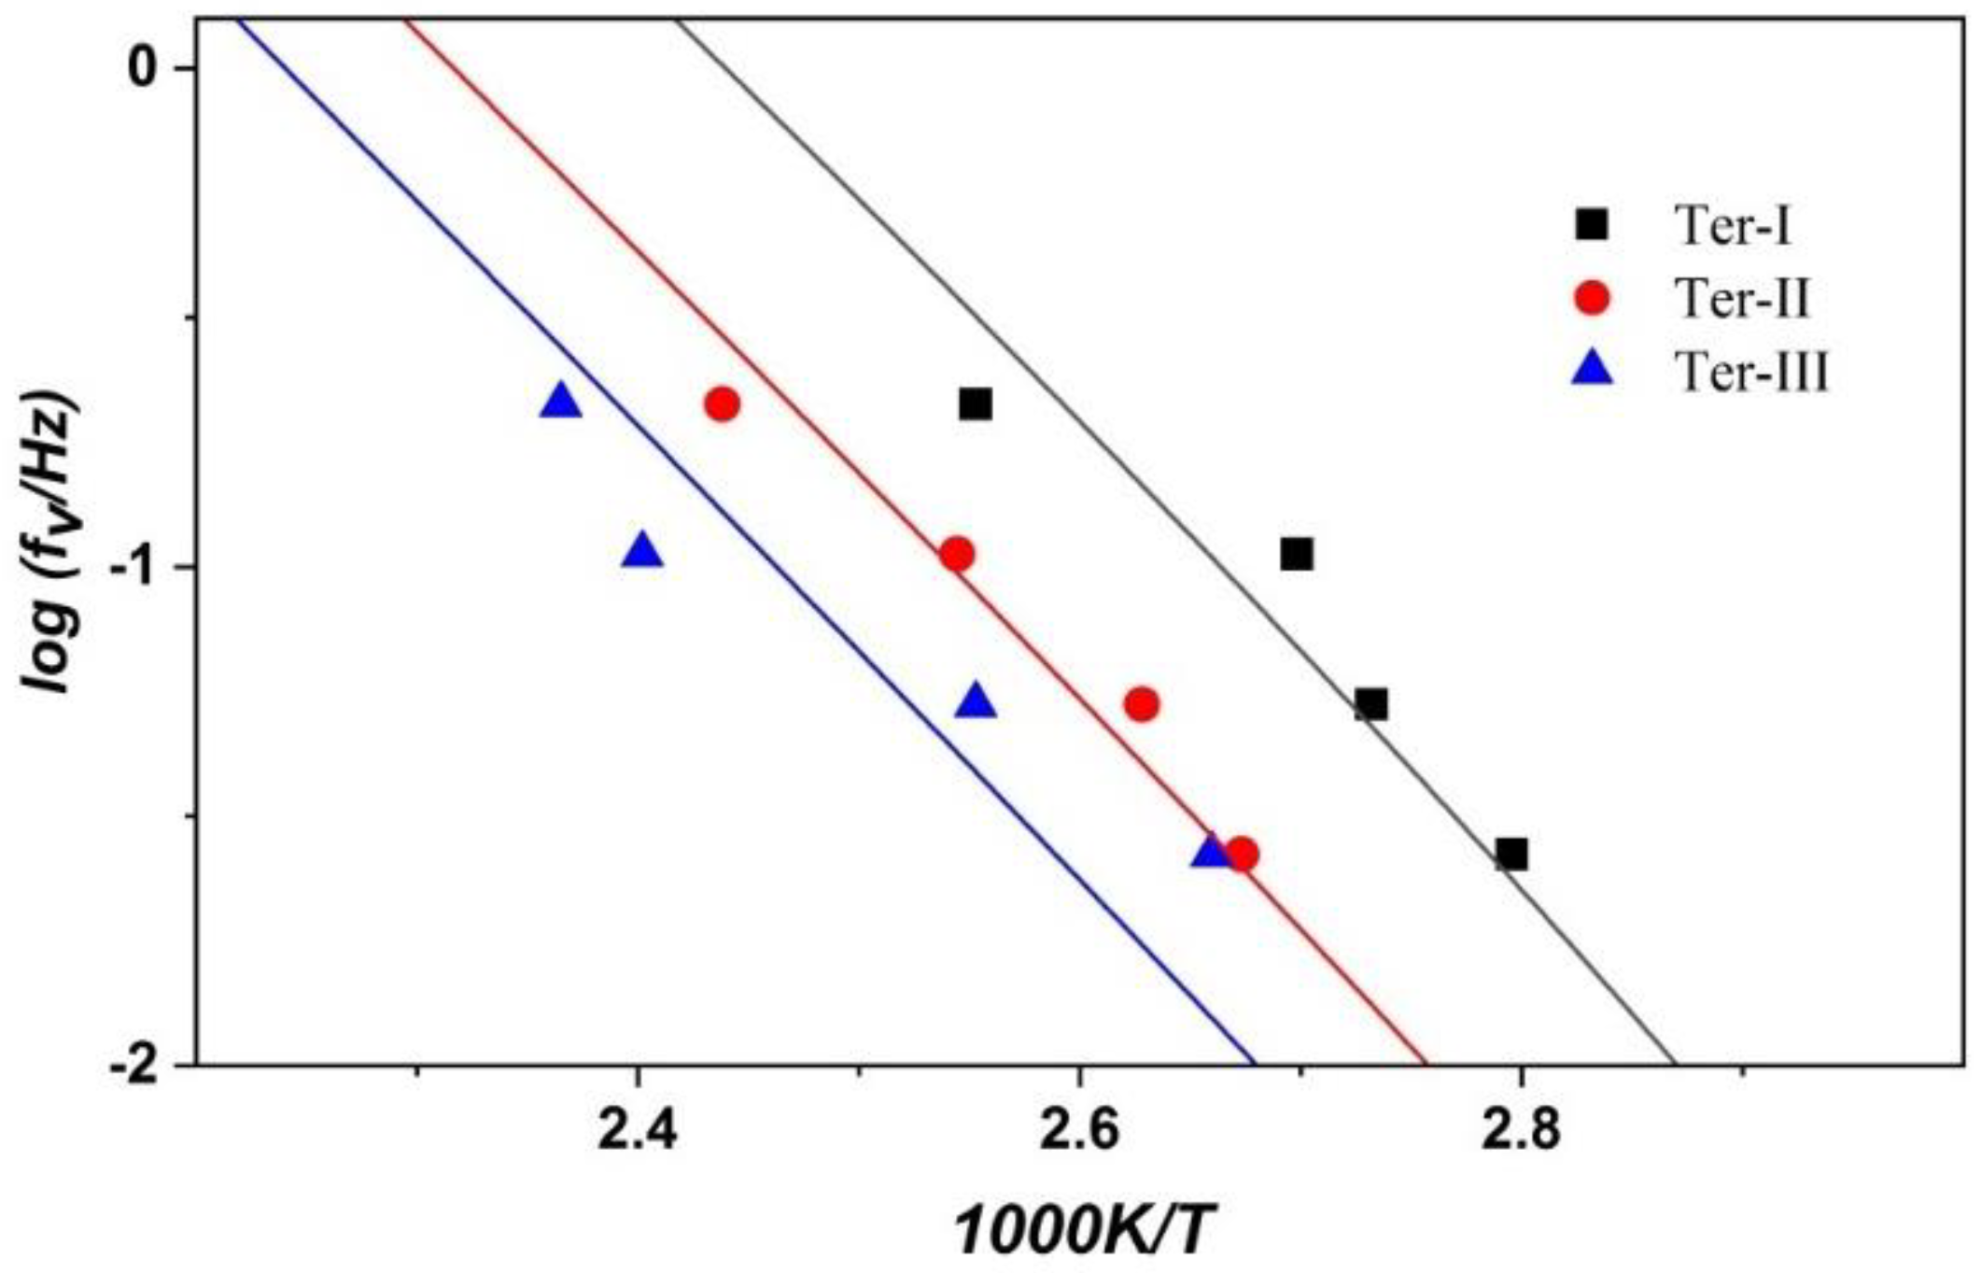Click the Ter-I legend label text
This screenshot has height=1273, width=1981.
tap(1734, 226)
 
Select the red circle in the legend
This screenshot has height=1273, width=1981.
tap(1593, 299)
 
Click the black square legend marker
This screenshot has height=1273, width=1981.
tap(1593, 225)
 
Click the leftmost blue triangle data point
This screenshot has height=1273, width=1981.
tap(561, 402)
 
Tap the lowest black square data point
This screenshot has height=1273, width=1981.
tap(1511, 854)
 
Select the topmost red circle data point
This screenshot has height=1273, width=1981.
tap(723, 404)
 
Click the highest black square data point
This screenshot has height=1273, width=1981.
tap(975, 404)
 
